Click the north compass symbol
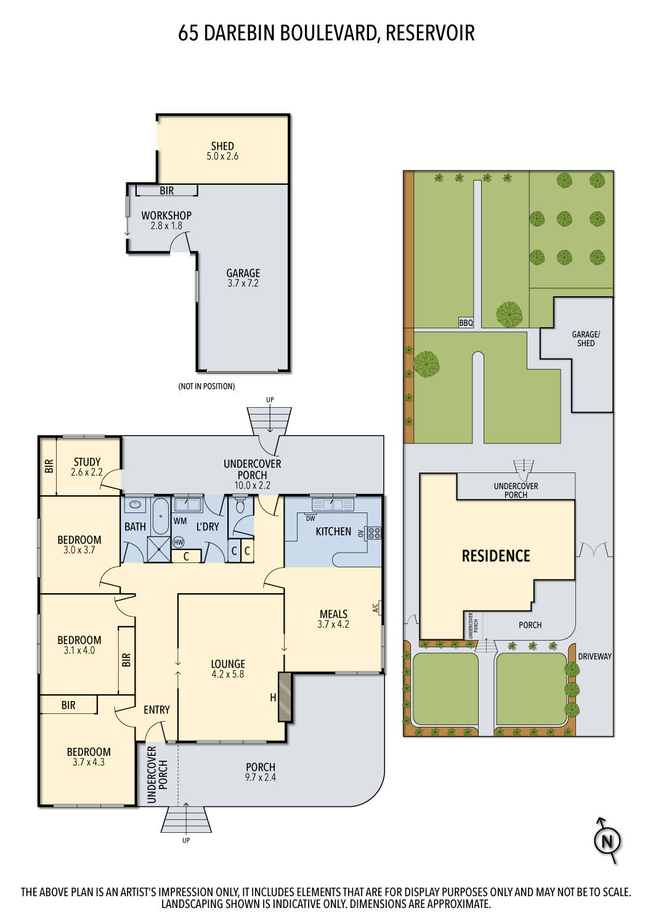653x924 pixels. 607,841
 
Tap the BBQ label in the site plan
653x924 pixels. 466,323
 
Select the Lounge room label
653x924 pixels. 228,664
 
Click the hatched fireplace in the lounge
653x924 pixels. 285,697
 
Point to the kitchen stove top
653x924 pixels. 374,533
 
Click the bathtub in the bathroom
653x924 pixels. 160,516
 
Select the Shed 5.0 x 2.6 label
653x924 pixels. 222,151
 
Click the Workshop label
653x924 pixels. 166,216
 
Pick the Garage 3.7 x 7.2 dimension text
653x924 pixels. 243,283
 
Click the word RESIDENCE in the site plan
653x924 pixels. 496,556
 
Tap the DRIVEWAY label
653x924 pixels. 594,656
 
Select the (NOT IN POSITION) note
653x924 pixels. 206,386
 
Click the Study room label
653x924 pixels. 87,462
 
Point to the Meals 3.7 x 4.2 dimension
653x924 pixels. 333,625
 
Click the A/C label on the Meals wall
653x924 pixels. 375,607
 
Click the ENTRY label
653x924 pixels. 156,710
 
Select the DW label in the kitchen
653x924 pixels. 310,519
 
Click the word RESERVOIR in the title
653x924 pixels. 430,33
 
